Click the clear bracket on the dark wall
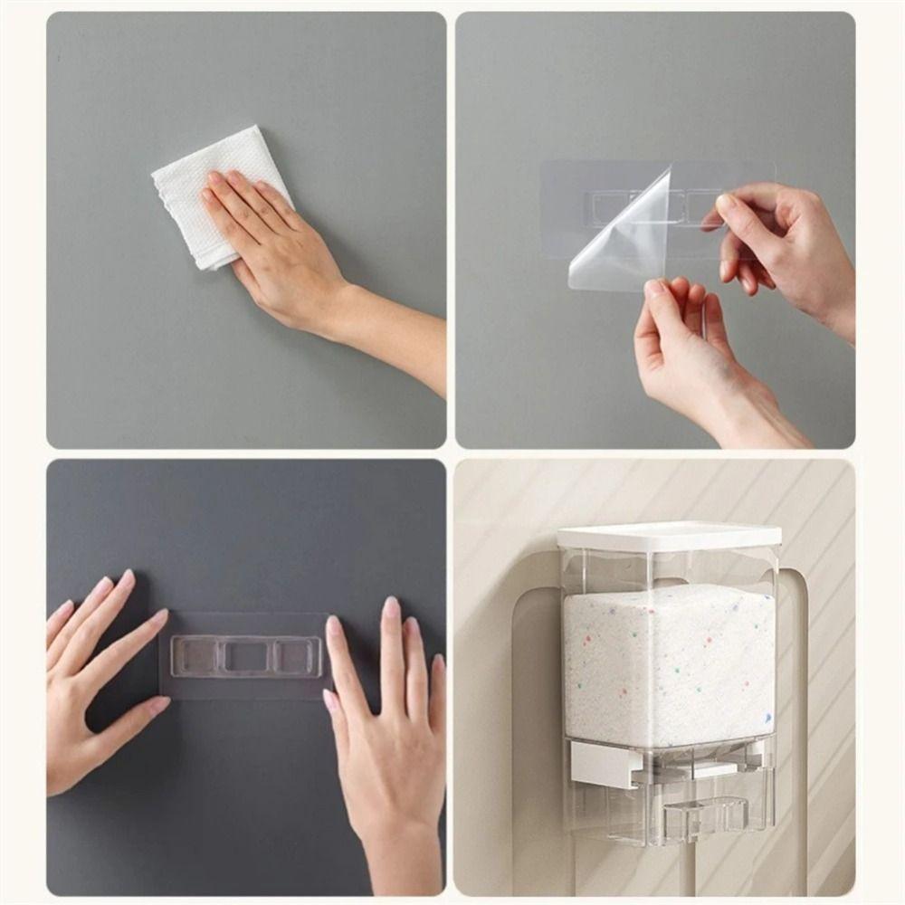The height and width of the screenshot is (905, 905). (x=246, y=656)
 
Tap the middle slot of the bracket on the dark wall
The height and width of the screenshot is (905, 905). (x=246, y=656)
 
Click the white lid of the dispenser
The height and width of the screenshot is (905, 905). (x=669, y=536)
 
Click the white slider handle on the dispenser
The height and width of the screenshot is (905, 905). (x=602, y=765)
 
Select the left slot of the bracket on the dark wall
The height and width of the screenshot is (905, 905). (x=195, y=656)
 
